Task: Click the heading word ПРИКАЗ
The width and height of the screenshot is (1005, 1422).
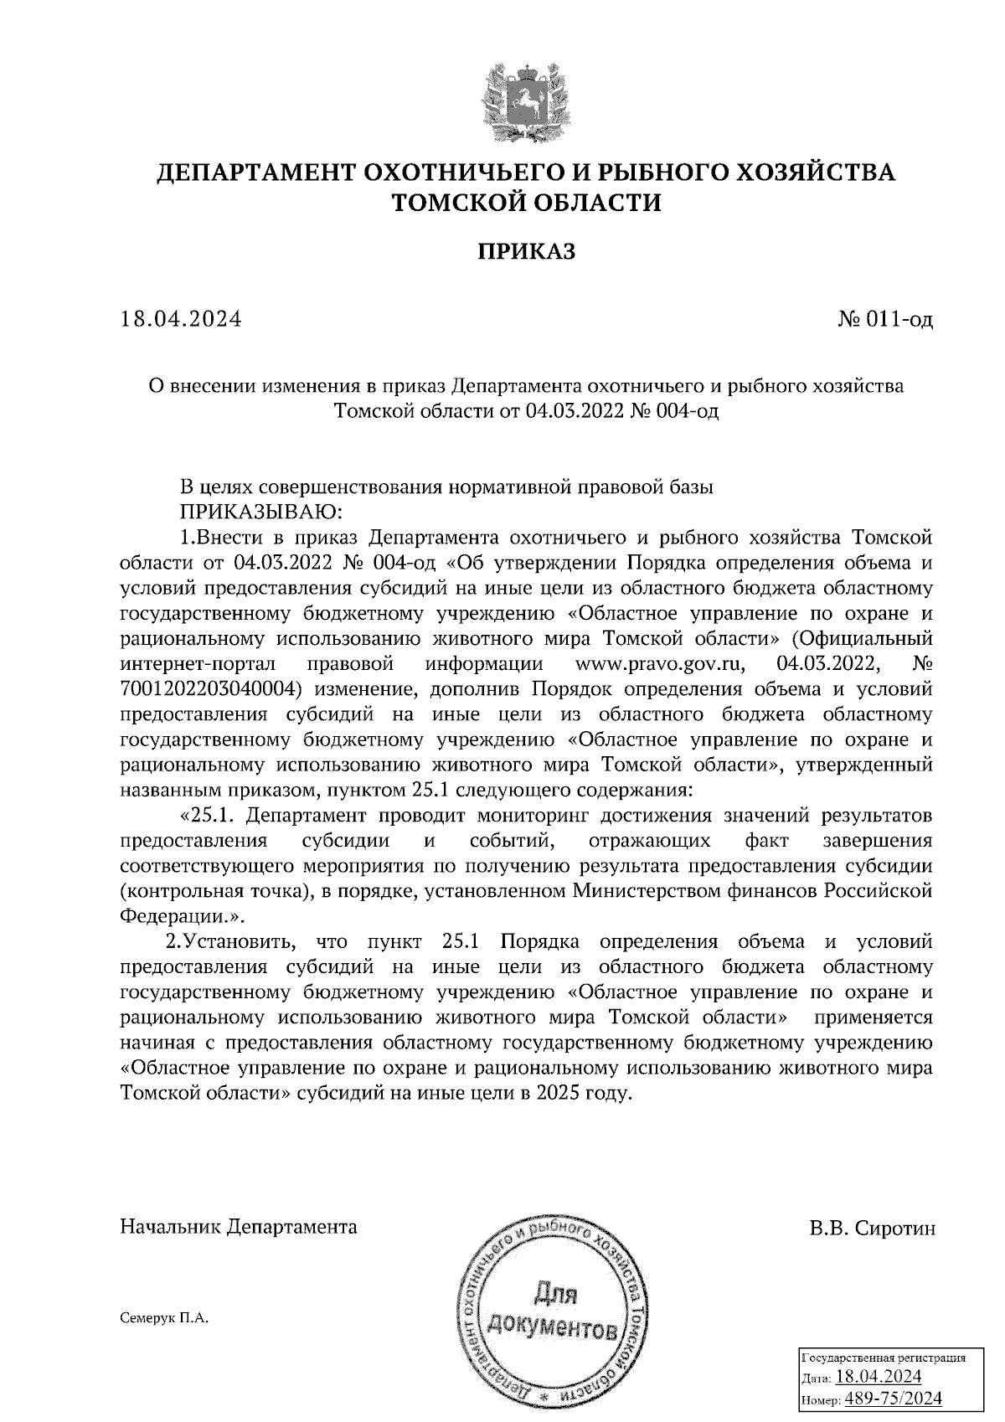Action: [x=527, y=251]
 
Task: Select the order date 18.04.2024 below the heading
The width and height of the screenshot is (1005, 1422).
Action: [x=181, y=319]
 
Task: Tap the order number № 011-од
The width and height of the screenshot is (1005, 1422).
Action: [x=885, y=319]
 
